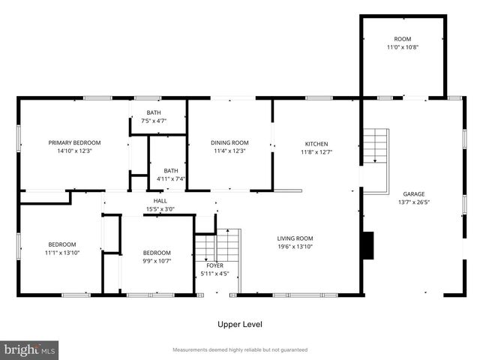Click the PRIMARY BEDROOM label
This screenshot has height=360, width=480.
click(x=74, y=142)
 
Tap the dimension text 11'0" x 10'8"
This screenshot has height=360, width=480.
click(x=403, y=47)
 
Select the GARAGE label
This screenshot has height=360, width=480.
click(x=414, y=193)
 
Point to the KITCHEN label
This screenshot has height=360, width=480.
click(x=316, y=144)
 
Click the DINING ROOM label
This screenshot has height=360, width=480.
click(x=229, y=142)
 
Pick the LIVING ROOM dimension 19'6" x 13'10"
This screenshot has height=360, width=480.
click(x=295, y=247)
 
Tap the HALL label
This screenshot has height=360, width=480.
click(x=160, y=201)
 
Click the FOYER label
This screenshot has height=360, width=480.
click(x=215, y=265)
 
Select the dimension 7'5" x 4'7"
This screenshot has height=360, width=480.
click(x=154, y=121)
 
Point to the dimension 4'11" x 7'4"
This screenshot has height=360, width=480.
click(x=171, y=179)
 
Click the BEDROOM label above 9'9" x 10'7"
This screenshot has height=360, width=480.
click(x=157, y=253)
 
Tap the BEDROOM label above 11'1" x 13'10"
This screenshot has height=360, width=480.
click(x=62, y=244)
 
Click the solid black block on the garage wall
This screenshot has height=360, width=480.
click(x=368, y=245)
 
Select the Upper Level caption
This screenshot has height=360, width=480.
click(x=240, y=324)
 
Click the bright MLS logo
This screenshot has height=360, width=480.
click(x=29, y=349)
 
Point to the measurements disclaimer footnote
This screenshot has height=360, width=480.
click(x=240, y=349)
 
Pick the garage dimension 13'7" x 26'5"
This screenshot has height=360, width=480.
click(x=414, y=202)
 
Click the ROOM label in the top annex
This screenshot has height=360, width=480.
click(x=403, y=39)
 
